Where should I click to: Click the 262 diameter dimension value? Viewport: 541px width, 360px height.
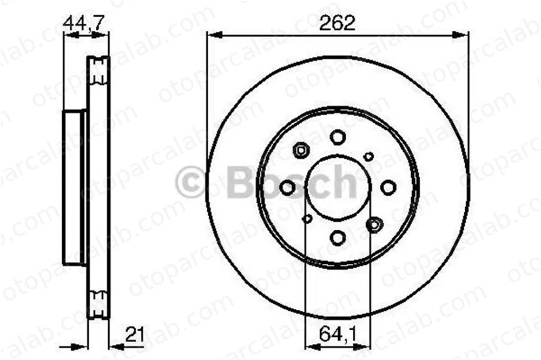337,23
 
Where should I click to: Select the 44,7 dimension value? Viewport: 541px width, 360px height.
83,23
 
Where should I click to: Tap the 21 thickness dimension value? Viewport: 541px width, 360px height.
134,334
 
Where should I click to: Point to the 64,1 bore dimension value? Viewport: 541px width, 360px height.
338,334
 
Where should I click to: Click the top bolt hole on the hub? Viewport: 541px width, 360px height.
338,137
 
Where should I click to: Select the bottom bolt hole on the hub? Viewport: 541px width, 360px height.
338,238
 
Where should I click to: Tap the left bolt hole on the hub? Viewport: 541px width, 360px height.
287,188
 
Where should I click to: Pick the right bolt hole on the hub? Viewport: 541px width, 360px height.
388,188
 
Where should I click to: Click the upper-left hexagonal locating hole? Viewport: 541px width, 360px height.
301,150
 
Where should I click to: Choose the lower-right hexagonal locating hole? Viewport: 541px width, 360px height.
374,225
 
